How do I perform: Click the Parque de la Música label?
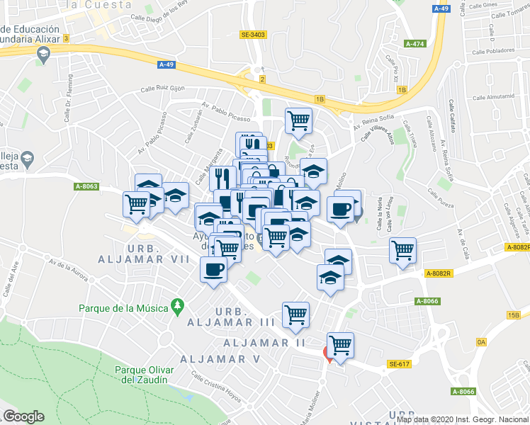click(x=123, y=308)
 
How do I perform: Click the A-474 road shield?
click(x=414, y=44)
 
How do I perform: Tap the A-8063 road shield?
click(x=86, y=187)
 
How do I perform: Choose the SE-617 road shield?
click(x=400, y=364)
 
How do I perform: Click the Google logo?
click(x=23, y=416)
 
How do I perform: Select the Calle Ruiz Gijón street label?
click(x=162, y=89)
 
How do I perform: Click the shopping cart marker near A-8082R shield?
click(x=402, y=250)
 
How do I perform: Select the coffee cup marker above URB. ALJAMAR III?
click(x=213, y=269)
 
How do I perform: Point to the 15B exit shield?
click(x=514, y=315)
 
